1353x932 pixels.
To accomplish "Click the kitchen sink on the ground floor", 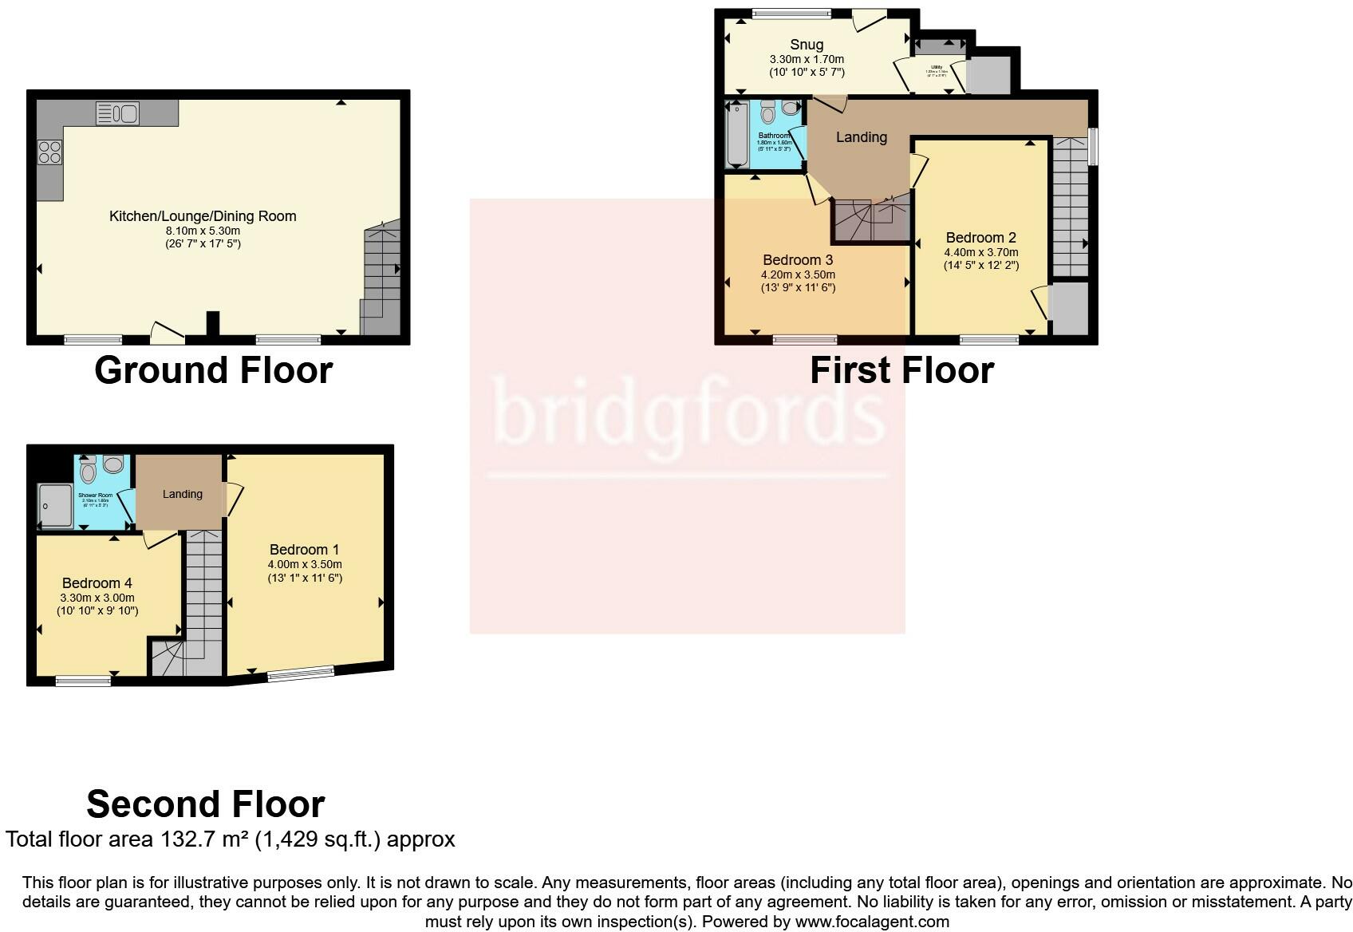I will coord(117,113).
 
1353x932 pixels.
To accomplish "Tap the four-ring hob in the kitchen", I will coord(49,152).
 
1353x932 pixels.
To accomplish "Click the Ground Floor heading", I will coord(213,370).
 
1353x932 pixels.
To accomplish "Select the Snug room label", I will coord(807,45).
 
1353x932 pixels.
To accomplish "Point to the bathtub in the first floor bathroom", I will coord(736,134).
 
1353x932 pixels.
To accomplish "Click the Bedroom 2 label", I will coord(980,238).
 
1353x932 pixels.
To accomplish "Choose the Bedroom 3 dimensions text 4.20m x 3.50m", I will coord(798,274).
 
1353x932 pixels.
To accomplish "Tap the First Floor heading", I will coord(901,370).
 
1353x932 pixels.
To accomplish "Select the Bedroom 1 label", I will coord(304,550).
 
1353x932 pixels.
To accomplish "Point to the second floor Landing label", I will coord(182,494).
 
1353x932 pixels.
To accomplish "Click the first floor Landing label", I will coord(861,137).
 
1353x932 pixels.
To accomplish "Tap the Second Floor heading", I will coord(205,804).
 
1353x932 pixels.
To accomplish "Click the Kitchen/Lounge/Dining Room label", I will coord(203,216).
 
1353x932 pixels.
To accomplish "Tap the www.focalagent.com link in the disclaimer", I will coord(873,922).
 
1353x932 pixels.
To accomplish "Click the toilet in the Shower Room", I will coord(88,472).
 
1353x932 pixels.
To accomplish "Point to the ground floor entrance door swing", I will coord(167,334).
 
